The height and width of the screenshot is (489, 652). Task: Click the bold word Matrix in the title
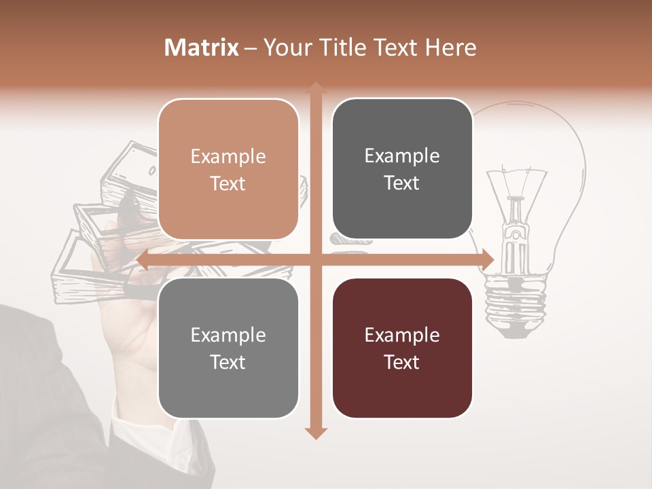(x=202, y=48)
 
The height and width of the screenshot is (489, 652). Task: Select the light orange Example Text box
(x=228, y=169)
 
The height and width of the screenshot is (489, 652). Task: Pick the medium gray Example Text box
(x=228, y=348)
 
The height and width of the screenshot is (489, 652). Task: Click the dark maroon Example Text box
(x=402, y=348)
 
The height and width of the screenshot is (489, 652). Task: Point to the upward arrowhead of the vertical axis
(x=315, y=88)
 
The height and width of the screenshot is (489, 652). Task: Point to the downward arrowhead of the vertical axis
(x=315, y=433)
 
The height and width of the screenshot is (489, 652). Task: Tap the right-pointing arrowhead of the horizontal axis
(x=487, y=260)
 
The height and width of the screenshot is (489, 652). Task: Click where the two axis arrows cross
(x=315, y=260)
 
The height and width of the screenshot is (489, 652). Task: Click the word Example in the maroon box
(x=402, y=335)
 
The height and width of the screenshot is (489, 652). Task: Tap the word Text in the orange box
(x=228, y=183)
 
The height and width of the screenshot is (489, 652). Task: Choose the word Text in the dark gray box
(x=402, y=183)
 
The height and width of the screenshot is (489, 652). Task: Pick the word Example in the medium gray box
(x=228, y=335)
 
